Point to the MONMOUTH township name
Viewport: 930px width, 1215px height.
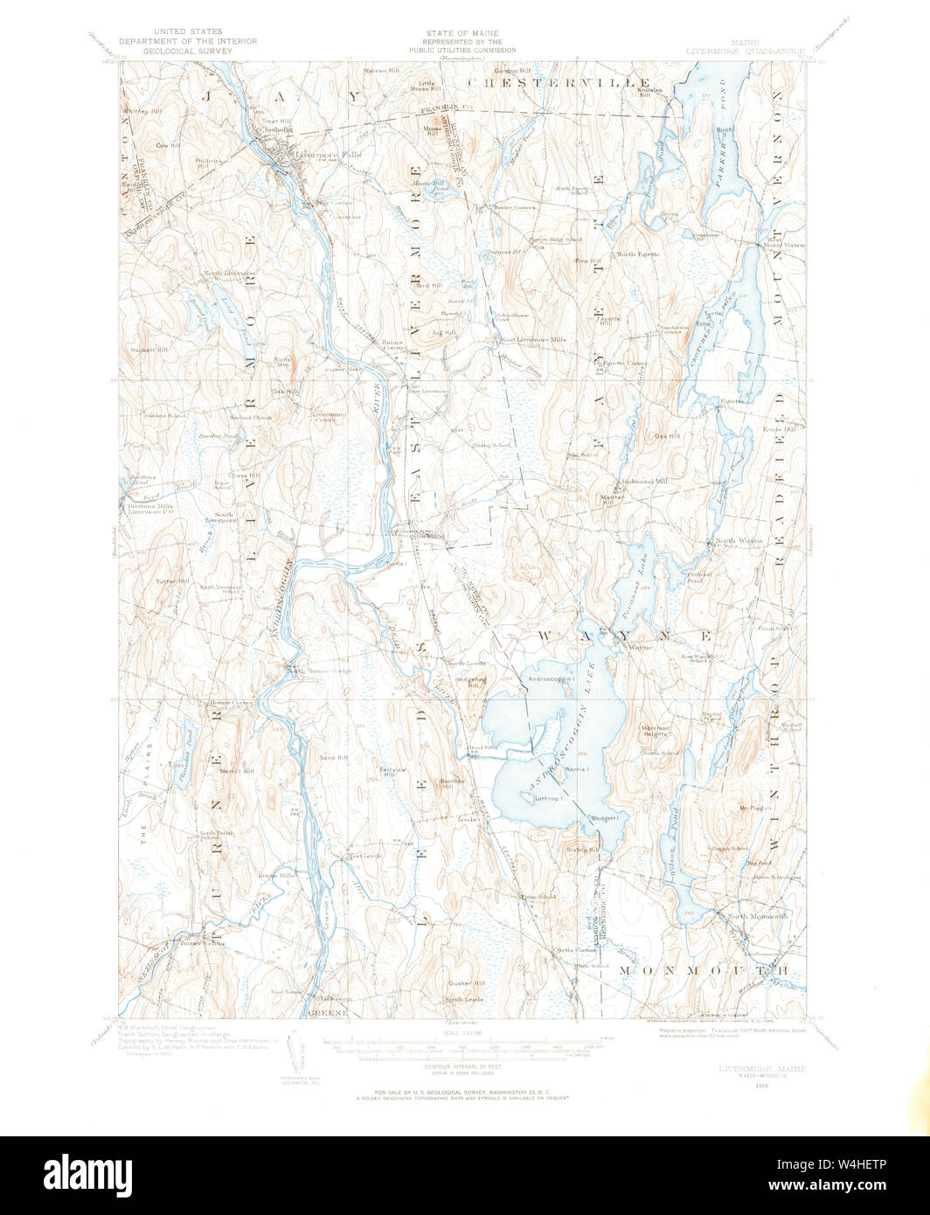click(704, 970)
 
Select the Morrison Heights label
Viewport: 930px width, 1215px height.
click(656, 731)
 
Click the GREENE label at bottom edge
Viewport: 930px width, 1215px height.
click(328, 1013)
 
